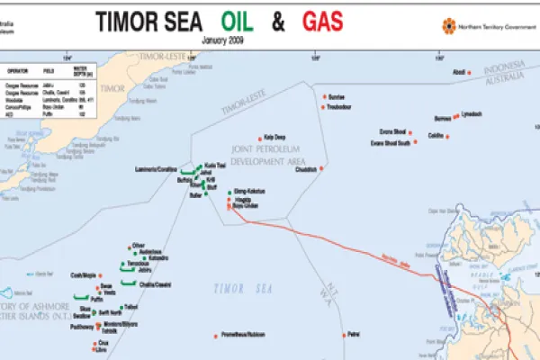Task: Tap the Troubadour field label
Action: click(x=339, y=106)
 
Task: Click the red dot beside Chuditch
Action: click(x=321, y=169)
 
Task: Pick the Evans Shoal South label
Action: click(x=390, y=142)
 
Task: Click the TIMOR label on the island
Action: click(x=112, y=88)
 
